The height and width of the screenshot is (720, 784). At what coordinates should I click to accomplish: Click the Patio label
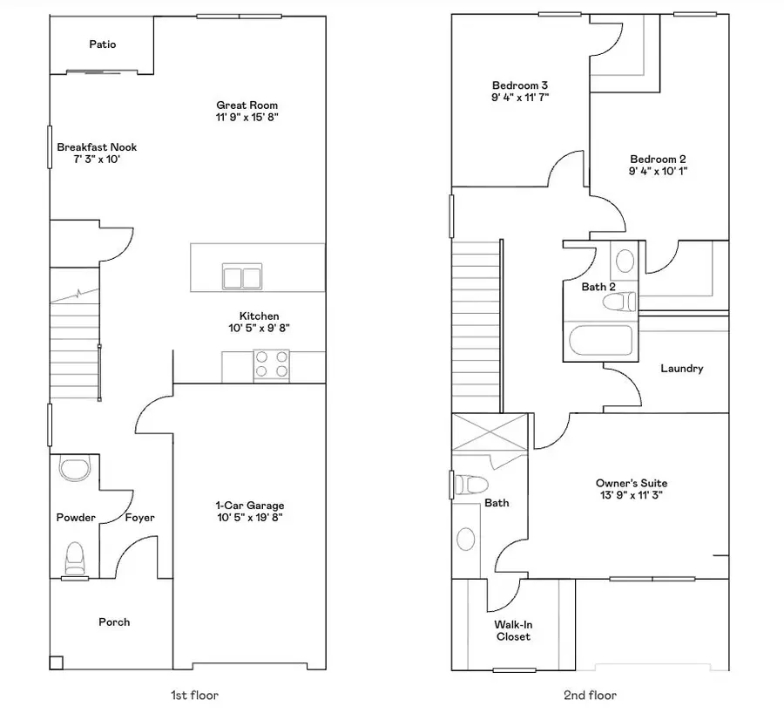tap(102, 44)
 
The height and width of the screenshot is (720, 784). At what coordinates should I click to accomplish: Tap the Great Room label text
tap(247, 111)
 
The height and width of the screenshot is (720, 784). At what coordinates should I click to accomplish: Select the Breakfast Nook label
tap(97, 153)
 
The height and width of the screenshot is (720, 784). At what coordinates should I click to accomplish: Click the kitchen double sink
tap(241, 277)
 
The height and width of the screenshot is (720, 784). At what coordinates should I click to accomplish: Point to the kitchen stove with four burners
tap(271, 364)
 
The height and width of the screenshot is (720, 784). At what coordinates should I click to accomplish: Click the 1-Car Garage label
tap(249, 511)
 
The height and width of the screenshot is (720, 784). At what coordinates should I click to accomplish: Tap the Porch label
tap(114, 622)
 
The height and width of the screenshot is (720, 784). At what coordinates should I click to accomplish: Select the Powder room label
tap(76, 518)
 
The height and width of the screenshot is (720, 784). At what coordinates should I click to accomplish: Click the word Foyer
tap(139, 518)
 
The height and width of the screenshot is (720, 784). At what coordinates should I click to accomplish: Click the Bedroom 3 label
tap(519, 91)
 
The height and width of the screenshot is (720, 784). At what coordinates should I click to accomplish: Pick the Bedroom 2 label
tap(658, 165)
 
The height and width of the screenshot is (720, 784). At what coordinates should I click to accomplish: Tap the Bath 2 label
tap(598, 286)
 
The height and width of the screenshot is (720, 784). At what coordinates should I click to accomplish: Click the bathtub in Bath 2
tap(601, 340)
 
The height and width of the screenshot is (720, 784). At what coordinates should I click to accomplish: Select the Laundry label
tap(681, 369)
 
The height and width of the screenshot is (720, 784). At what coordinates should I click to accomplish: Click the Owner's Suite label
tap(627, 489)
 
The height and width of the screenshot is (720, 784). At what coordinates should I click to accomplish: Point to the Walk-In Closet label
tap(513, 630)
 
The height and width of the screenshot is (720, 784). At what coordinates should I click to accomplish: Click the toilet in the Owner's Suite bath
tap(473, 484)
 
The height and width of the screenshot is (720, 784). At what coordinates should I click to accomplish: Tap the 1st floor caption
tap(193, 695)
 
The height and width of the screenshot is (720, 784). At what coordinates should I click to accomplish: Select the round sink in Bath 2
tap(625, 261)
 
